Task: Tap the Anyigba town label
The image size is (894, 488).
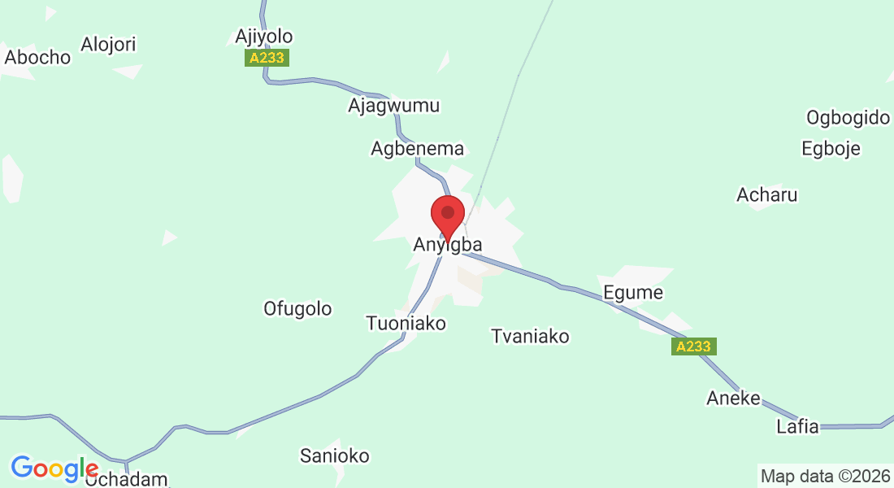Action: click(448, 244)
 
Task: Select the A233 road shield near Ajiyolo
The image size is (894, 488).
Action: click(267, 59)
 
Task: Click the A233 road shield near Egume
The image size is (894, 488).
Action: click(694, 346)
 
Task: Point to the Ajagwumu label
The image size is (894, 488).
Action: click(393, 106)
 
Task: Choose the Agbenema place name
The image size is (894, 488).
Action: click(417, 149)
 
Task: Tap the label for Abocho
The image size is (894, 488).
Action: click(37, 57)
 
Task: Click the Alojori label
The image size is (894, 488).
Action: click(109, 44)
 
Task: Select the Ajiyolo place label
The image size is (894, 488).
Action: click(263, 36)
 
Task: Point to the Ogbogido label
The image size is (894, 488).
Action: click(848, 118)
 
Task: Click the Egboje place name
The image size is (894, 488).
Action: click(831, 149)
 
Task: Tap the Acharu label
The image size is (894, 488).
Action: click(766, 195)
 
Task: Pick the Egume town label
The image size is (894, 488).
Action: click(633, 293)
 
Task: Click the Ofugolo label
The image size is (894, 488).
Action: click(297, 309)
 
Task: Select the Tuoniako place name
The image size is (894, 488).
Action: click(406, 324)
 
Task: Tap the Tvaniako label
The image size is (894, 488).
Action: click(530, 336)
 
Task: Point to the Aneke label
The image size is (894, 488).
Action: click(733, 399)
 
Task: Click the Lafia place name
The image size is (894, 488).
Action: click(797, 427)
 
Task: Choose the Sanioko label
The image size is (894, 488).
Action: click(335, 455)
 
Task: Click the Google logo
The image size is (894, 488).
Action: click(54, 468)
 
